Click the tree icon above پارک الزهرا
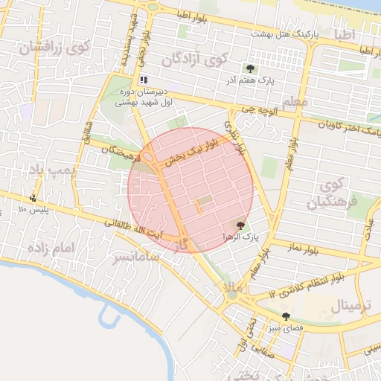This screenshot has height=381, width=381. click(240, 225)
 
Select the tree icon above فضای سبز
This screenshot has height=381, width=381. click(286, 316)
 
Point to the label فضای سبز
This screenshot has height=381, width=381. click(286, 327)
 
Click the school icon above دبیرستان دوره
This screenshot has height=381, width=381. click(144, 80)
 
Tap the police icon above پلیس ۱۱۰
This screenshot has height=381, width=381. click(33, 198)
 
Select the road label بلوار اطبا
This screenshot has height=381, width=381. click(196, 16)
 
